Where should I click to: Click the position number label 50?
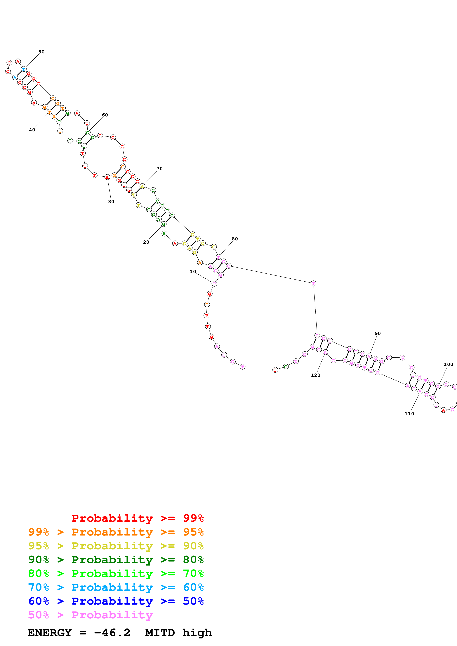coord(41,52)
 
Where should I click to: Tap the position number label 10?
coord(193,271)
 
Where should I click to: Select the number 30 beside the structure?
coord(111,202)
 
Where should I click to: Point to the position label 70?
coord(160,169)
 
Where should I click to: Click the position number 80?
coord(235,239)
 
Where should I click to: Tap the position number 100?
coord(449,364)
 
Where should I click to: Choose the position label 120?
coord(316,375)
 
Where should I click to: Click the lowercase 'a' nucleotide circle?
coord(34,103)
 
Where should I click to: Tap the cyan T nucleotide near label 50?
coord(24,69)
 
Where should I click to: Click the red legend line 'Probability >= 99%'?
coord(137,518)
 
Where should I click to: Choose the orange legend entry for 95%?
coord(116,532)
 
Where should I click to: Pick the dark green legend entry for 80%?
coord(116,560)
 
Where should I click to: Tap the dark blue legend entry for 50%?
coord(116,601)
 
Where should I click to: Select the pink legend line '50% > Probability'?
coord(90,615)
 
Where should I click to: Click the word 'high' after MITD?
coord(197,633)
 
